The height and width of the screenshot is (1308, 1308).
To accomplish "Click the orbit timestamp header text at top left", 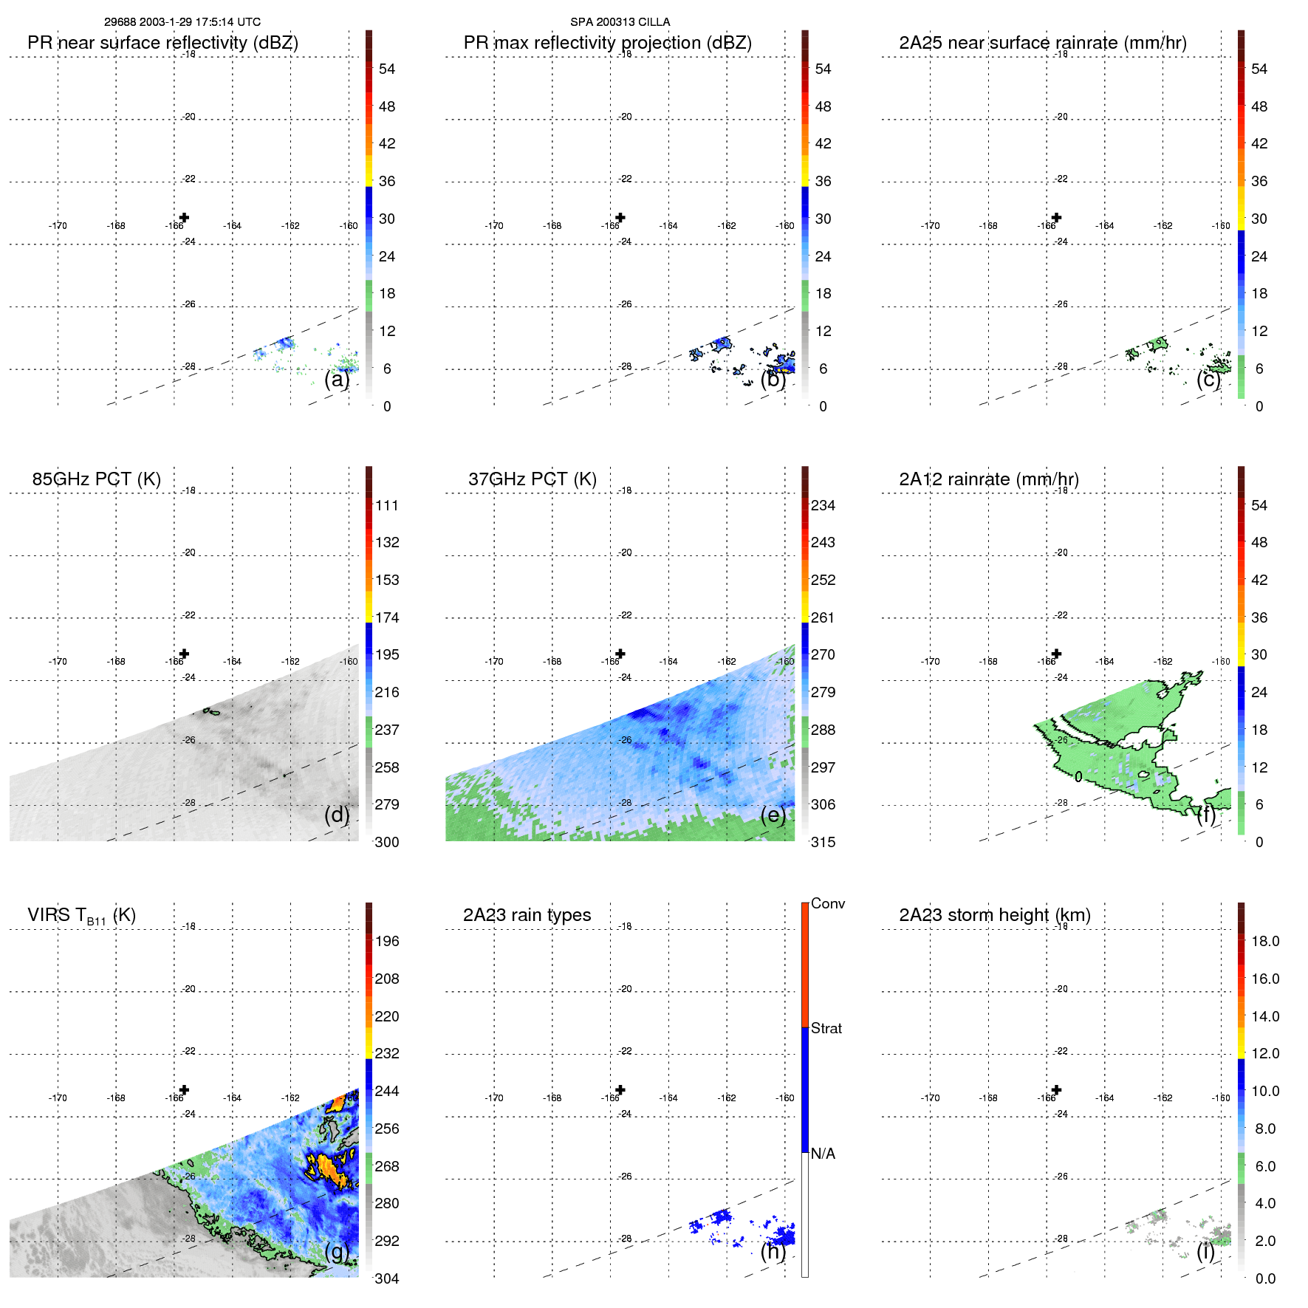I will point(182,22).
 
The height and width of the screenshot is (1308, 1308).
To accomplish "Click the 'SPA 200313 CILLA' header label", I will point(620,22).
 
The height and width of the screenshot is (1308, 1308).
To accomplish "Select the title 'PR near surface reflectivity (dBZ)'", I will point(162,43).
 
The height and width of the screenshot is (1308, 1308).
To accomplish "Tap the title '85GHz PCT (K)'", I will point(96,479).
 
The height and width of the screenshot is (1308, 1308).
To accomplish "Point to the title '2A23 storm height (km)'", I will point(994,915).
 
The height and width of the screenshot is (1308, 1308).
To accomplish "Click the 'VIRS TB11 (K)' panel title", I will point(81,916).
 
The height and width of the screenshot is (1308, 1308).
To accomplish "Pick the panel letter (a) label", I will point(336,379).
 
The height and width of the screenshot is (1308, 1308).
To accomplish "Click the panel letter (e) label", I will point(773,815).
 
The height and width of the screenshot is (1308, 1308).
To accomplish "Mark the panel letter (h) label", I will point(773,1251).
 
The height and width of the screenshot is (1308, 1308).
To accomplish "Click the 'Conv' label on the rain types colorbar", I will point(827,903).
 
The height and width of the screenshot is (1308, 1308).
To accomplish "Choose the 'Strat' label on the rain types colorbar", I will point(826,1028).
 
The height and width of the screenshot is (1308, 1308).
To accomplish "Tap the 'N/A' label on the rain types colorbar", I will point(823,1154).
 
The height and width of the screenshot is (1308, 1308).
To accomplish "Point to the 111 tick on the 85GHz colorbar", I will point(386,505).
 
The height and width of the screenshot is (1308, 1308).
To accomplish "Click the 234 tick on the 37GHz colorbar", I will point(823,505).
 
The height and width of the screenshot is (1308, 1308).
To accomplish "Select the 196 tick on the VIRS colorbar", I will point(386,941).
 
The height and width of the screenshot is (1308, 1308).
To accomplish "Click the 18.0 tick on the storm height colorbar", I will point(1264,941).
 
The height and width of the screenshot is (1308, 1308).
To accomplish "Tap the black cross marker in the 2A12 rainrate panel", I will point(1056,654).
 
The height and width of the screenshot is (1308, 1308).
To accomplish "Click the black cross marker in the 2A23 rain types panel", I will point(620,1090).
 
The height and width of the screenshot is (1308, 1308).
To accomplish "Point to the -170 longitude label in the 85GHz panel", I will point(58,662).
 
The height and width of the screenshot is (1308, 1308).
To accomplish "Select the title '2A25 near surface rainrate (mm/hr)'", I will point(1042,43).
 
